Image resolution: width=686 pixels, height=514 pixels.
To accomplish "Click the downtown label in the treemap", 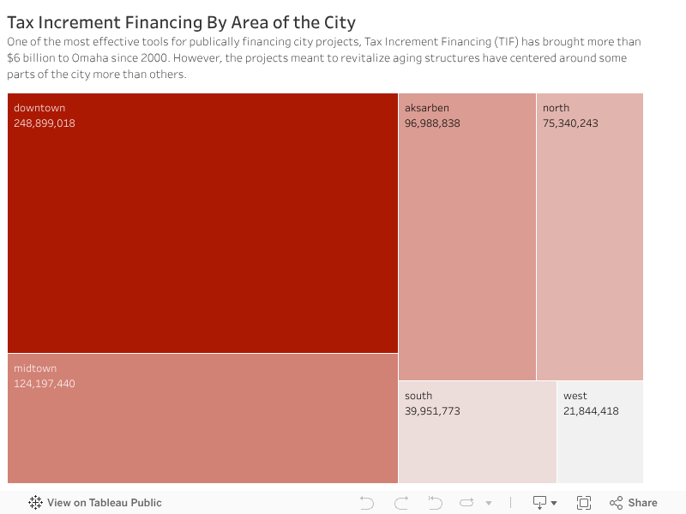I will point(39,108).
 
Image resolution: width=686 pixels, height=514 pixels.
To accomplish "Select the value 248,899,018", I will point(45,123).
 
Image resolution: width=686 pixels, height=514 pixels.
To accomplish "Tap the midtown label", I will point(35,368).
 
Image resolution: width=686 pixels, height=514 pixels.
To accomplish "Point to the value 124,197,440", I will point(45,384).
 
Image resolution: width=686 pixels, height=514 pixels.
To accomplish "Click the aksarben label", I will point(427,108).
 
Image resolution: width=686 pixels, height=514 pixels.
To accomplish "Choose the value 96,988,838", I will point(432,123).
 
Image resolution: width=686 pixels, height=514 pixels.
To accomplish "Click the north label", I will point(556,108).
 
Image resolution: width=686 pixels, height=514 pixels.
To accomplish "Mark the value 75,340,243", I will point(570,123).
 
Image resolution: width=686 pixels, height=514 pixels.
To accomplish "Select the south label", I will point(418,396).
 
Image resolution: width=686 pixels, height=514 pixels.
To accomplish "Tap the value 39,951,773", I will point(432,411).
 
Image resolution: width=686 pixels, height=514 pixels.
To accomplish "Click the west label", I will point(575,396).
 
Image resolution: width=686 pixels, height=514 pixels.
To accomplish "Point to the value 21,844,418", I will point(591,411).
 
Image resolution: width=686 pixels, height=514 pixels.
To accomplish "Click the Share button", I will point(634,503).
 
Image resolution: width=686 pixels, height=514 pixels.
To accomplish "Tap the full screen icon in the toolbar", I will point(584,503).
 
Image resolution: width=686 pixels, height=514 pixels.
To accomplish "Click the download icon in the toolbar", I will point(540,503).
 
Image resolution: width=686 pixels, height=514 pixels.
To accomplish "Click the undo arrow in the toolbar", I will point(367,503).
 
